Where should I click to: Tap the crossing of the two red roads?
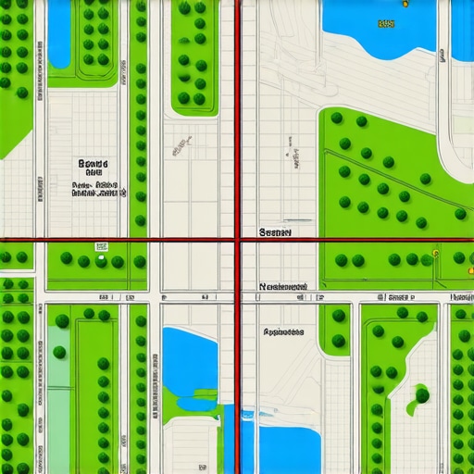coord(238,239)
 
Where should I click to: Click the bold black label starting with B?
coord(93,164)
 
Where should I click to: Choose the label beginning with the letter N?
coord(283,287)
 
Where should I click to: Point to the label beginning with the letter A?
coord(283,331)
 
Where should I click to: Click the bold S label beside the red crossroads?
coord(276,232)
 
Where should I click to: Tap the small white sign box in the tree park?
coord(101,247)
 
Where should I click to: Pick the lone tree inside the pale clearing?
coord(422,395)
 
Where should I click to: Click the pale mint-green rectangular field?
coord(57,389)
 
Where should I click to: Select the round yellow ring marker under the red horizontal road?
coord(434,252)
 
